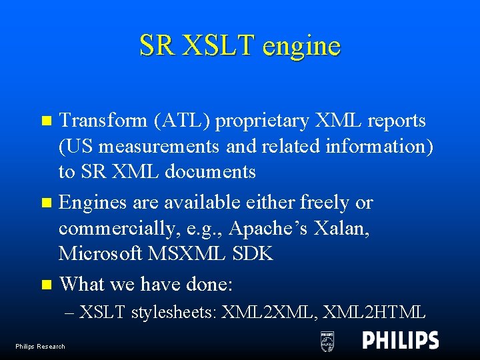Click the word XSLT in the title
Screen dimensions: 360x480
[x=218, y=45]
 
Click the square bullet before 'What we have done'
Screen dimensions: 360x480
[x=45, y=285]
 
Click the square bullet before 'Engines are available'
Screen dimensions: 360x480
[x=45, y=203]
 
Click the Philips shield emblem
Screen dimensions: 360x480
[x=327, y=341]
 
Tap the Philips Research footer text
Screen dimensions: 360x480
[x=41, y=346]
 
